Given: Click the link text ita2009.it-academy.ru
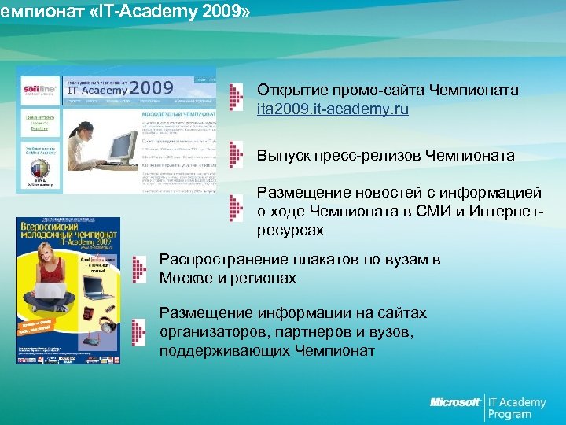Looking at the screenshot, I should pyautogui.click(x=333, y=109).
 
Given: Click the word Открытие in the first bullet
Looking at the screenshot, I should pyautogui.click(x=288, y=91).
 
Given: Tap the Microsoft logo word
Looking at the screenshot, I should pyautogui.click(x=455, y=402).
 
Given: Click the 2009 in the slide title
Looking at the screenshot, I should pyautogui.click(x=203, y=13).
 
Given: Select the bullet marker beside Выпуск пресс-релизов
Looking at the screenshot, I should pyautogui.click(x=234, y=156).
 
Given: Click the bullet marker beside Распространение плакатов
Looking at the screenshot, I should pyautogui.click(x=139, y=269).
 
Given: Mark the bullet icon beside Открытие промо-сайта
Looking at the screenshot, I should pyautogui.click(x=234, y=98).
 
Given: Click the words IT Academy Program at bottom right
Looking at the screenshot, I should pyautogui.click(x=516, y=408).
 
